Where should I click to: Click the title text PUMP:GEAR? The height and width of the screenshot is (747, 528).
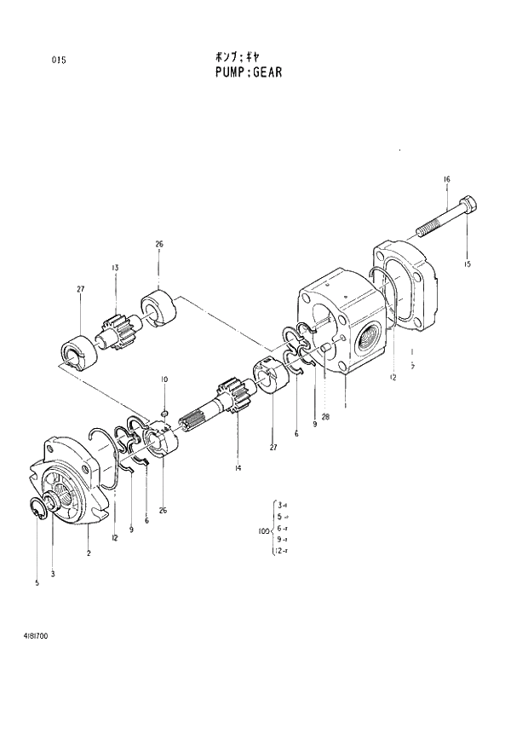coord(249,72)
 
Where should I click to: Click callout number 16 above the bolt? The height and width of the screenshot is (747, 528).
coord(446,179)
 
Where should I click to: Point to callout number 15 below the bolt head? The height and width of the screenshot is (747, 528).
coord(467,264)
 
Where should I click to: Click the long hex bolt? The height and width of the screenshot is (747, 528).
coord(448,218)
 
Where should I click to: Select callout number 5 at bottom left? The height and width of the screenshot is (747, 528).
coord(37,583)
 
